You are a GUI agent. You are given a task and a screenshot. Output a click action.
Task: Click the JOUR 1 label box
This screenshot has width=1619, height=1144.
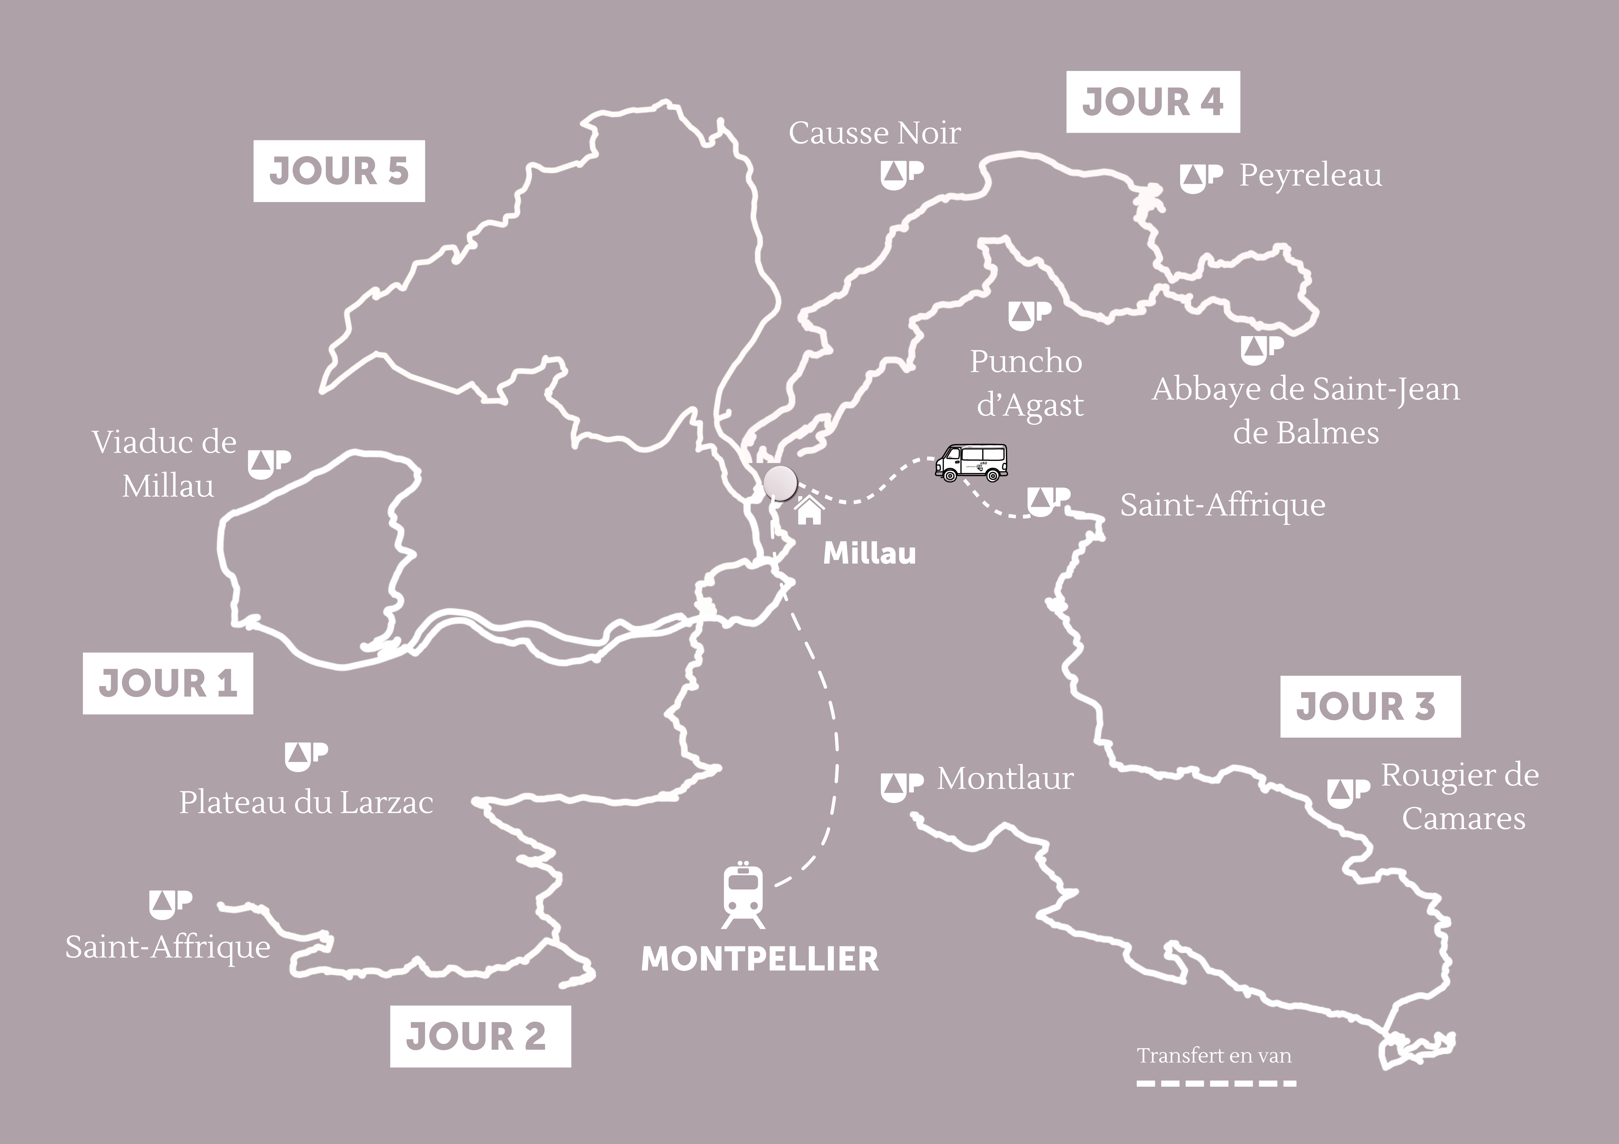(x=168, y=683)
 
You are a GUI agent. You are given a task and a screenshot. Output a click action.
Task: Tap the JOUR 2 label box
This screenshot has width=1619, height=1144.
(x=480, y=1036)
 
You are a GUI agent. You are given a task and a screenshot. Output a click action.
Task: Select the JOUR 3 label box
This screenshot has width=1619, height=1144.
(x=1369, y=707)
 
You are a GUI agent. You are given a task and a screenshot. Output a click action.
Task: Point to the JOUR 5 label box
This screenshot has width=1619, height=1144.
(x=339, y=171)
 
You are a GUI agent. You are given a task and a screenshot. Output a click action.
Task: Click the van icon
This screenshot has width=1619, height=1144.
(x=971, y=463)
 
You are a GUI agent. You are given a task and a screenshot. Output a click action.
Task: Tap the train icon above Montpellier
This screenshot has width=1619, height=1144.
(x=743, y=894)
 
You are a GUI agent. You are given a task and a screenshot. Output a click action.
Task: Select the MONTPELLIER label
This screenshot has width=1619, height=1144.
(x=759, y=959)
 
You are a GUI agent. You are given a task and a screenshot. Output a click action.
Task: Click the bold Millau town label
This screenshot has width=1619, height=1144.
(x=869, y=554)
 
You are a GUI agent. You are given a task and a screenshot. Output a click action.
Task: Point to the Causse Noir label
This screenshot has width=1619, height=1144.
(x=874, y=133)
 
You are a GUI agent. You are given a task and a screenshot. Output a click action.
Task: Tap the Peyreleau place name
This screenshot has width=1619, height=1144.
(x=1310, y=176)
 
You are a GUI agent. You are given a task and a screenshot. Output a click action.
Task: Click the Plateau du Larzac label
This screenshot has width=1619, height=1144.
(x=306, y=803)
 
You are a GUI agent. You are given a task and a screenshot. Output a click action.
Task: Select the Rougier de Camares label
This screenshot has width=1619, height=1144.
(x=1460, y=797)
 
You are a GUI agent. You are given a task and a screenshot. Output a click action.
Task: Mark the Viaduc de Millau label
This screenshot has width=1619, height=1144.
(x=165, y=464)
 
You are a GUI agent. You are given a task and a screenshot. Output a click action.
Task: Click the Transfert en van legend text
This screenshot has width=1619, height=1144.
(x=1214, y=1056)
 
